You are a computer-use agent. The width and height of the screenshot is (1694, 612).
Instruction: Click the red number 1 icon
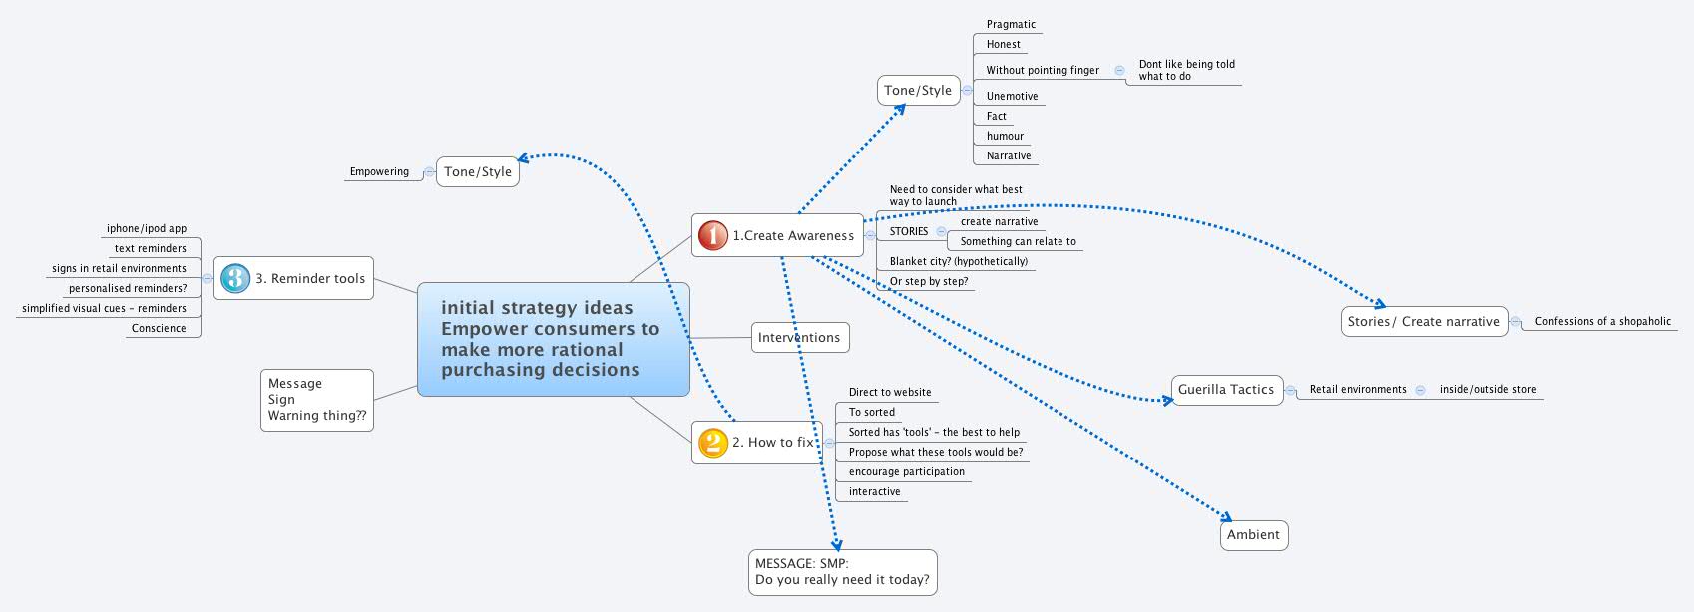(712, 235)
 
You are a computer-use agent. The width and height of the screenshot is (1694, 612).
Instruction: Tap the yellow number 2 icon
(712, 442)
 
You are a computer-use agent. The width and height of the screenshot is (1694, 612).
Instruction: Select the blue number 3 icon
(235, 278)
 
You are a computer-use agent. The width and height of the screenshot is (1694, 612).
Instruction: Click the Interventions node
(799, 337)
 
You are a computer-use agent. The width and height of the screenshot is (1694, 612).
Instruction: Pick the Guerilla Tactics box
(1226, 390)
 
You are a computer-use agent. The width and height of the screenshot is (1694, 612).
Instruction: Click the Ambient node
(1253, 535)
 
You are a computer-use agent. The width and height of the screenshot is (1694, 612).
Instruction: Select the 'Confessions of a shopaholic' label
(1602, 321)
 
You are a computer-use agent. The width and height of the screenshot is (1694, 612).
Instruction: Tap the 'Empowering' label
(379, 171)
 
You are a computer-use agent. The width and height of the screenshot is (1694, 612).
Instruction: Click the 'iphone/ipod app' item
(147, 228)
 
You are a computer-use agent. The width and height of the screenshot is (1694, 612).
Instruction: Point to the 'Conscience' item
(159, 328)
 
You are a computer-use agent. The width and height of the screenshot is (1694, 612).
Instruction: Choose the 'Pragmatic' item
(1011, 24)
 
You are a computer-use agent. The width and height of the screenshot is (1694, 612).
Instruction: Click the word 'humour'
(1005, 136)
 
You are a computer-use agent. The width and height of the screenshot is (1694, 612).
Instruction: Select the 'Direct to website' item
(890, 392)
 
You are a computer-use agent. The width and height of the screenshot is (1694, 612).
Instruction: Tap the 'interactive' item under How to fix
(874, 491)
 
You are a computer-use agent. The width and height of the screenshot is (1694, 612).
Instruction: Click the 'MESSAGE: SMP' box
(842, 572)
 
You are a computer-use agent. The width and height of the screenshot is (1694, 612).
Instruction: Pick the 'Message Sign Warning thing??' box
(316, 400)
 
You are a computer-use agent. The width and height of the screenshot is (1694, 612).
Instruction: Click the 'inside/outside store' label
(1487, 389)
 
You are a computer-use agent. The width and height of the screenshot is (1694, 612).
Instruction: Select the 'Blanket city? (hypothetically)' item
(958, 261)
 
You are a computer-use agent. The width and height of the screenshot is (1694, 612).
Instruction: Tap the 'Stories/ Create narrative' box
(1424, 321)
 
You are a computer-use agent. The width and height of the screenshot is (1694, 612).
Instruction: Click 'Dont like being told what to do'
(1186, 70)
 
